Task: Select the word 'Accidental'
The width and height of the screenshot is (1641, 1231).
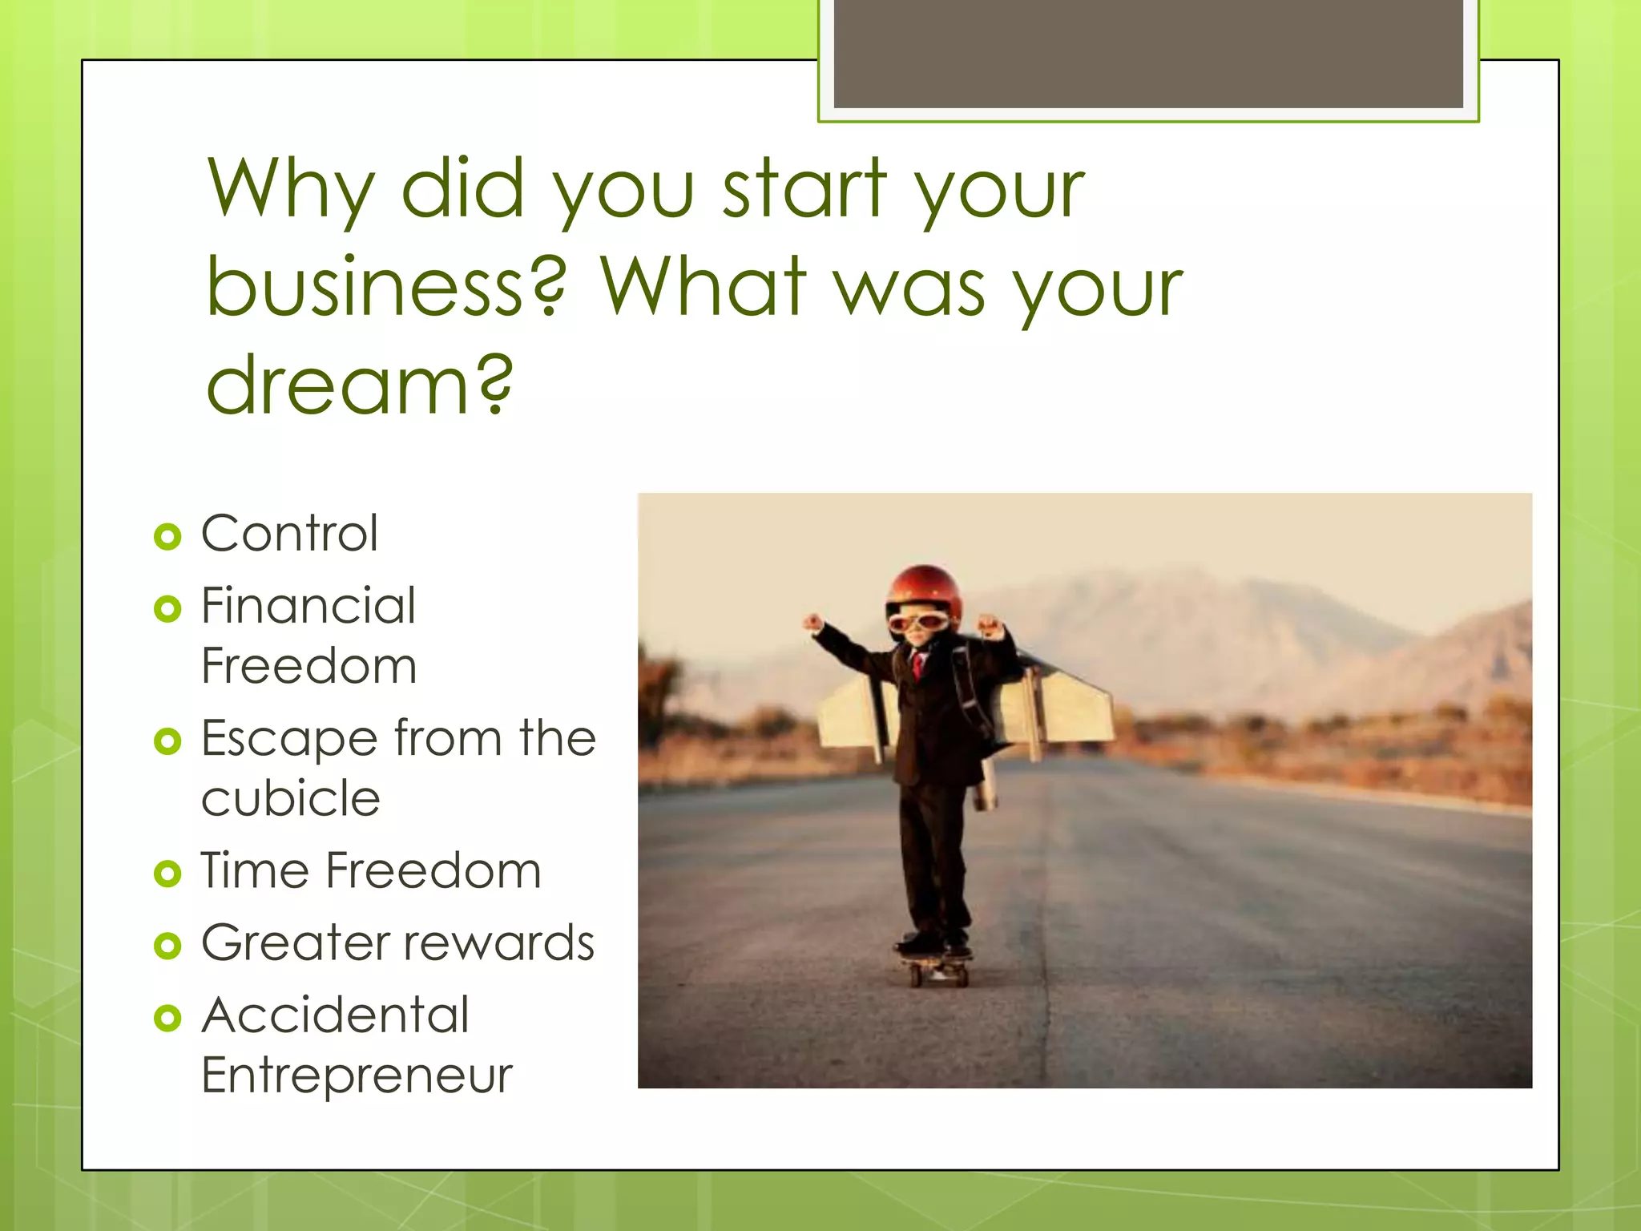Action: [x=335, y=1015]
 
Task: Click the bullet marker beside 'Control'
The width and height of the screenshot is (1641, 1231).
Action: [x=167, y=536]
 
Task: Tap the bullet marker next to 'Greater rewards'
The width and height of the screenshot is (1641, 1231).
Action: [x=167, y=946]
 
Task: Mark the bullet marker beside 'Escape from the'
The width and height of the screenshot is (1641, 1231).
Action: [x=167, y=741]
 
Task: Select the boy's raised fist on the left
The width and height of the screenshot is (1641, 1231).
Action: [x=813, y=622]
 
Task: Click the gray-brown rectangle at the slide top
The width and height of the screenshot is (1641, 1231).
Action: [x=1147, y=53]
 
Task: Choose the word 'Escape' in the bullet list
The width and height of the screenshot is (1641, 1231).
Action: [x=289, y=739]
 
